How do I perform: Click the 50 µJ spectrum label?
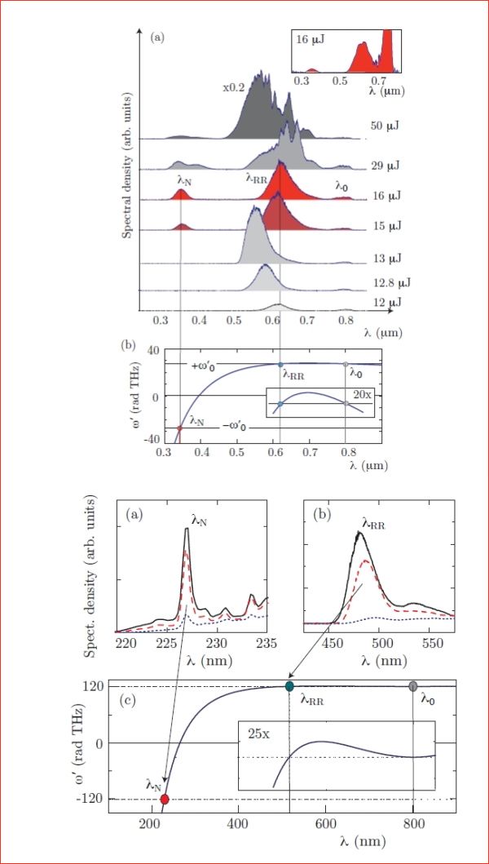point(385,126)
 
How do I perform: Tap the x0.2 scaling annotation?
point(233,87)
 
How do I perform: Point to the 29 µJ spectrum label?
point(385,166)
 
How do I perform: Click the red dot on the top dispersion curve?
point(179,428)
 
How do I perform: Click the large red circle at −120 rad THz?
point(164,799)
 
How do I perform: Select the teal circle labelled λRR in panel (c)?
point(289,686)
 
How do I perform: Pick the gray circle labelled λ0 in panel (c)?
point(413,686)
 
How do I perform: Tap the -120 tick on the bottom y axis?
point(92,800)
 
